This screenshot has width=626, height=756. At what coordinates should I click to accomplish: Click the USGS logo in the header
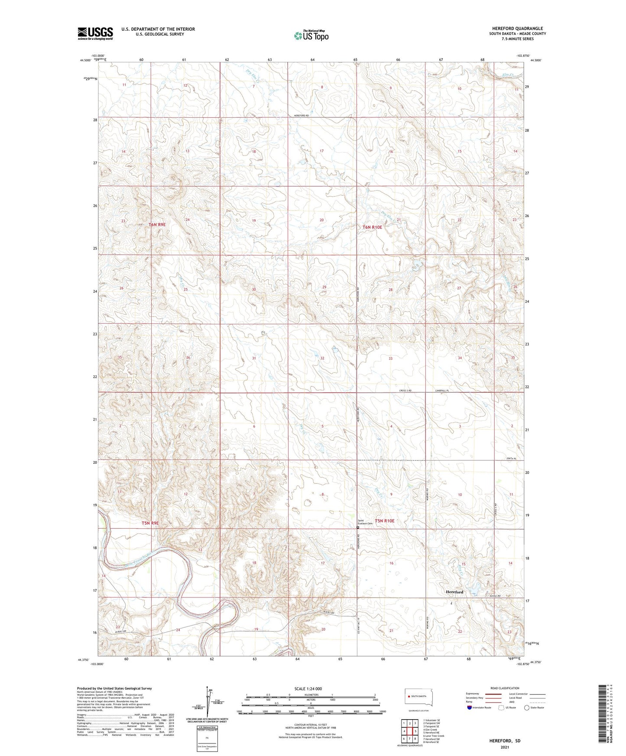[95, 33]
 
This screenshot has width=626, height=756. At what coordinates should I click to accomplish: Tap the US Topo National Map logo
[311, 36]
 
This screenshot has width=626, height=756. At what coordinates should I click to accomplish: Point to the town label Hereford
[454, 592]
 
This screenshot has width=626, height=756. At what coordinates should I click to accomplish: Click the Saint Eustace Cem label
[365, 522]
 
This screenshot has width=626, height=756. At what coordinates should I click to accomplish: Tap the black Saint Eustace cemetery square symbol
[358, 528]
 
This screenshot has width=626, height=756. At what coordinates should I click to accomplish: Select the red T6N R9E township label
[157, 225]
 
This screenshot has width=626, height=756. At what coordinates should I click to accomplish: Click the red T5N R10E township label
[384, 521]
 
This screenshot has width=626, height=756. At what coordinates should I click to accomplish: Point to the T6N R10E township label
[372, 227]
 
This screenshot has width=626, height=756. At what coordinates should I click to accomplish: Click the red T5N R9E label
[150, 523]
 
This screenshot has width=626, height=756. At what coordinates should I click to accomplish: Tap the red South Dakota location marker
[409, 697]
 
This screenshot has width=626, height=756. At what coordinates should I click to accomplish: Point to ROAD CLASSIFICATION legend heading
[504, 688]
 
